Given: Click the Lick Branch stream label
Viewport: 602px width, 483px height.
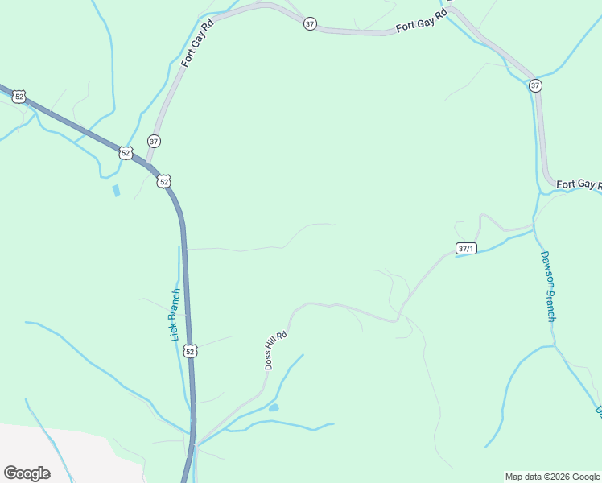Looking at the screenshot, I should click(x=175, y=314).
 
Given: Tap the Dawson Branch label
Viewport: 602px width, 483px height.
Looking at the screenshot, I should click(x=547, y=286).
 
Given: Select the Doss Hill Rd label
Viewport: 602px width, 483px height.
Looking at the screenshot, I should click(x=276, y=351).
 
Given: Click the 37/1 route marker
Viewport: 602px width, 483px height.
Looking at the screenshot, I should click(x=466, y=248).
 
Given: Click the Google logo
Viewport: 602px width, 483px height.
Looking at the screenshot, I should click(x=27, y=473).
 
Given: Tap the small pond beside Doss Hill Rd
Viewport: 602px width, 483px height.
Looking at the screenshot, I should click(x=274, y=408).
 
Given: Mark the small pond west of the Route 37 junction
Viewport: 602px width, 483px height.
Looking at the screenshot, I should click(x=116, y=191).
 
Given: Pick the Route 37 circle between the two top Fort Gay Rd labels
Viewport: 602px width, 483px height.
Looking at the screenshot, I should click(x=310, y=24).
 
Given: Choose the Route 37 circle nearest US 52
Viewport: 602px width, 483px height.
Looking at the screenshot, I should click(x=154, y=141).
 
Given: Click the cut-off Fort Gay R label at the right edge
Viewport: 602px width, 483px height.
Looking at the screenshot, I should click(x=579, y=184).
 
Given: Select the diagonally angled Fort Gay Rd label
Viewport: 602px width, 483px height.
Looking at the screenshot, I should click(x=197, y=43).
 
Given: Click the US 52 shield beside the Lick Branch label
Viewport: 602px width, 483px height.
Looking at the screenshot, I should click(x=190, y=351).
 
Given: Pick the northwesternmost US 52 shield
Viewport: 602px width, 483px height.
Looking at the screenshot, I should click(x=19, y=97).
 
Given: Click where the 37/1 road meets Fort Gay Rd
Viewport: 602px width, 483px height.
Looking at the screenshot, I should click(x=534, y=228).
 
